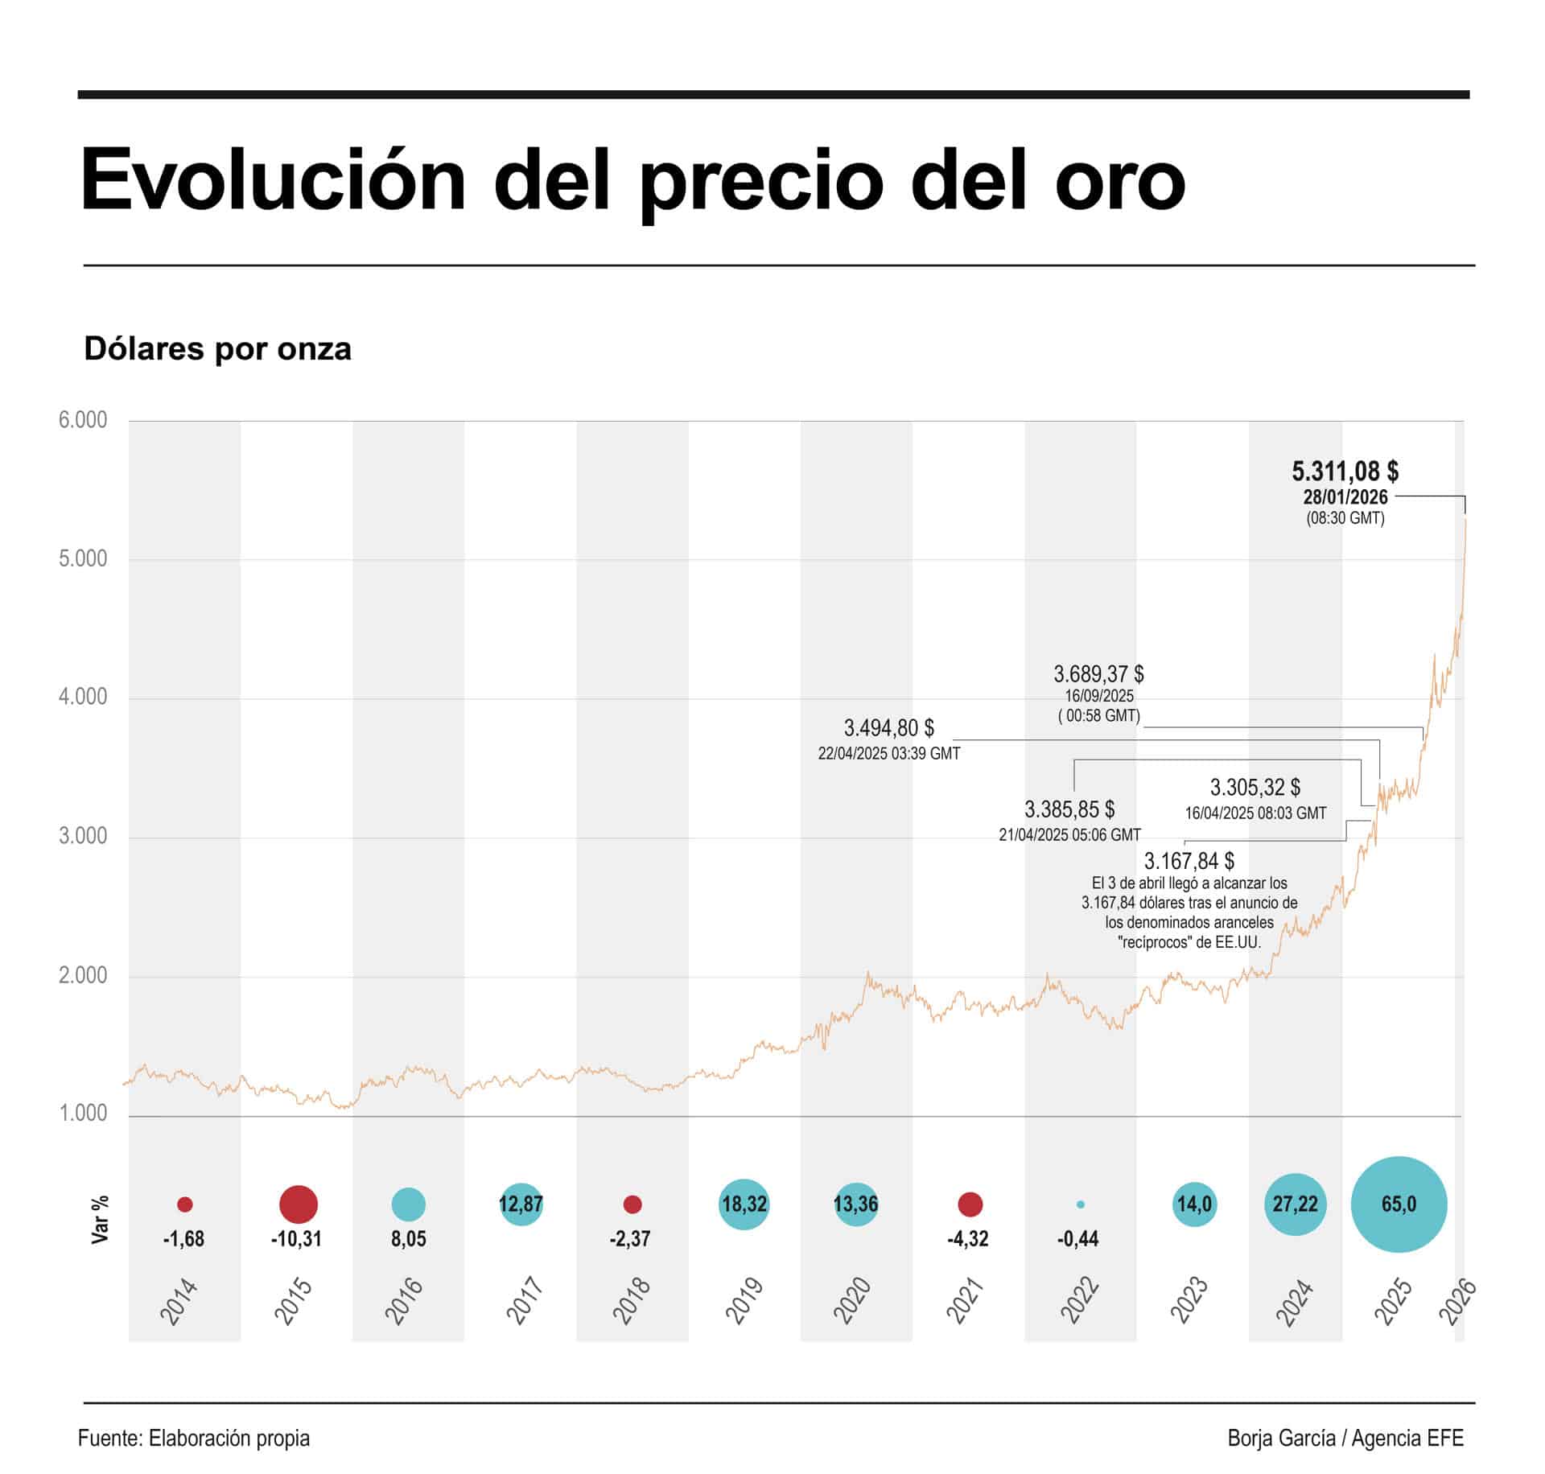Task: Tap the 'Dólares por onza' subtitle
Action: click(217, 349)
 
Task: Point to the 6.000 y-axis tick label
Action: click(82, 420)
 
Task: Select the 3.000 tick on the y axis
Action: click(82, 836)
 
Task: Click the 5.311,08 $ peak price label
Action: click(1345, 471)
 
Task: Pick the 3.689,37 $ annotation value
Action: click(1098, 673)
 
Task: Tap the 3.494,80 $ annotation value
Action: click(888, 728)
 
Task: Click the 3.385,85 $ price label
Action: click(1069, 809)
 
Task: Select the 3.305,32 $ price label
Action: click(1255, 787)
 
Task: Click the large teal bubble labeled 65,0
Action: click(1399, 1204)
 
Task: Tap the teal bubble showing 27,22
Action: click(1295, 1204)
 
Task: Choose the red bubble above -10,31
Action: click(298, 1204)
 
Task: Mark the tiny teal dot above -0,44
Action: click(1080, 1204)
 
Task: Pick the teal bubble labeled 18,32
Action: click(744, 1204)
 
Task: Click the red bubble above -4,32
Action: click(970, 1204)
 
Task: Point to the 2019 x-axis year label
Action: click(744, 1301)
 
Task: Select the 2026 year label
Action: click(1457, 1301)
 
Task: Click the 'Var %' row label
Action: click(100, 1220)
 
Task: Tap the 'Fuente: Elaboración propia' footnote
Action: click(194, 1439)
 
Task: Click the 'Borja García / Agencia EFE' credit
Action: click(1345, 1439)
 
